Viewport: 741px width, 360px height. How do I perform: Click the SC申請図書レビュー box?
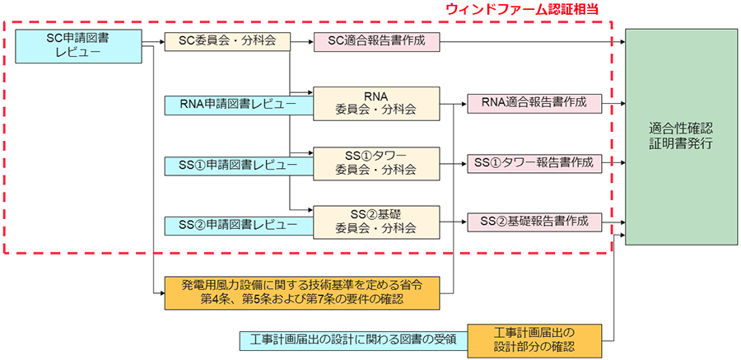pyautogui.click(x=79, y=46)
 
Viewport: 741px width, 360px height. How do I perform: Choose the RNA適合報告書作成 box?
pyautogui.click(x=534, y=103)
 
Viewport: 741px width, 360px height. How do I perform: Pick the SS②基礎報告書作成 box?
pyautogui.click(x=534, y=221)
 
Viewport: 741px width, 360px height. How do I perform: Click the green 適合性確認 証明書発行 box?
pyautogui.click(x=680, y=136)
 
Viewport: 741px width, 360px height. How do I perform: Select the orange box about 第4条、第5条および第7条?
pyautogui.click(x=309, y=292)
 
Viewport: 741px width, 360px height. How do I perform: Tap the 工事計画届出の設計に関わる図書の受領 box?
pyautogui.click(x=352, y=339)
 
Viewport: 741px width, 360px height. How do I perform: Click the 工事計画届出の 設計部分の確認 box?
pyautogui.click(x=534, y=339)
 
